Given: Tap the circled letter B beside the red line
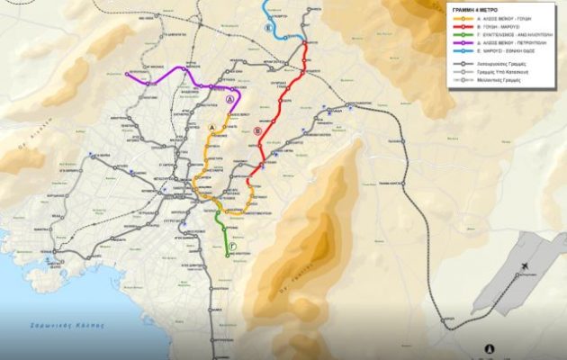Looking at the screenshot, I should click(x=257, y=131).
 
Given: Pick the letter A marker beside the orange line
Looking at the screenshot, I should click(x=213, y=129).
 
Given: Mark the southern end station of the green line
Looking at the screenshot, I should click(x=227, y=256).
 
